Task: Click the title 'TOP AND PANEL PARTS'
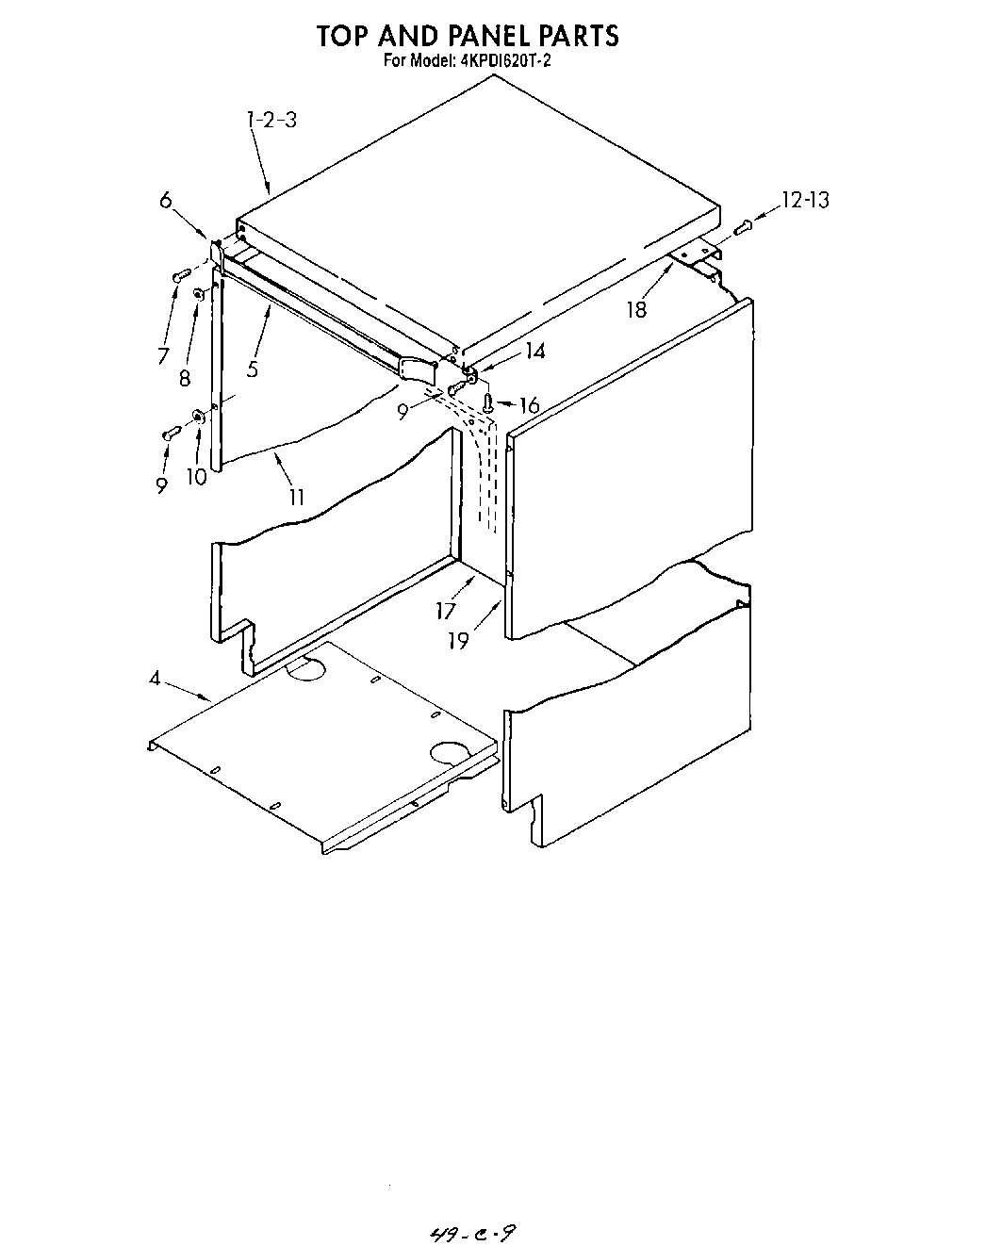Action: pyautogui.click(x=467, y=36)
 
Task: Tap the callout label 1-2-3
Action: pyautogui.click(x=271, y=121)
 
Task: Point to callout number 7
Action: pyautogui.click(x=163, y=355)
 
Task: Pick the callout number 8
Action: pyautogui.click(x=185, y=377)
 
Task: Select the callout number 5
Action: pyautogui.click(x=253, y=369)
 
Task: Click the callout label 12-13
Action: pyautogui.click(x=805, y=200)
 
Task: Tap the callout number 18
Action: pyautogui.click(x=637, y=309)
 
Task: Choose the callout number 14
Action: pyautogui.click(x=535, y=351)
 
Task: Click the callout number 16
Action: pyautogui.click(x=530, y=405)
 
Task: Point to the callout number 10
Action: pyautogui.click(x=196, y=477)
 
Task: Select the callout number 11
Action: pyautogui.click(x=297, y=497)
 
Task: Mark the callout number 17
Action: pyautogui.click(x=446, y=611)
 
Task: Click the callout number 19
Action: pyautogui.click(x=459, y=641)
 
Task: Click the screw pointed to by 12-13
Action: pyautogui.click(x=741, y=226)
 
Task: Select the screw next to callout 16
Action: pyautogui.click(x=488, y=403)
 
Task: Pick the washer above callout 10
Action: pyautogui.click(x=198, y=416)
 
